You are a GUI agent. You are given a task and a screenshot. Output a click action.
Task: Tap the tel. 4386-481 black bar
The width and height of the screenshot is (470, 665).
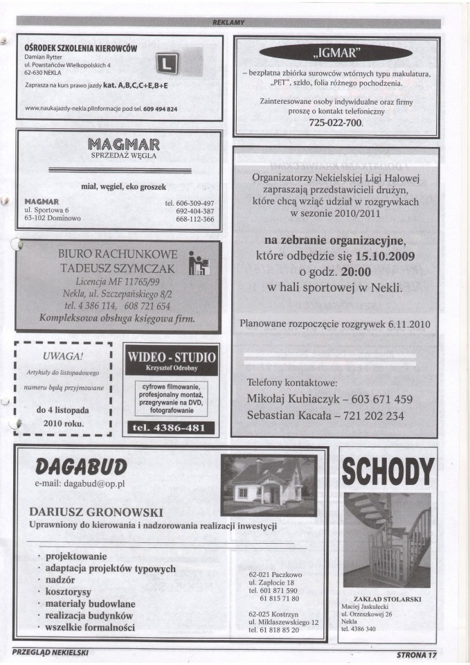[x=170, y=427]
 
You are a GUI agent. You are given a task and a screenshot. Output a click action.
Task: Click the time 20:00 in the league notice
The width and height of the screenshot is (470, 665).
[x=354, y=271]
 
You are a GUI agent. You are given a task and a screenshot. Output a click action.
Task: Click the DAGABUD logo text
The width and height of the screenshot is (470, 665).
[x=80, y=463]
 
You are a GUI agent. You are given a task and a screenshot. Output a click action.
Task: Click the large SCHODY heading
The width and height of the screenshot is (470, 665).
[x=388, y=473]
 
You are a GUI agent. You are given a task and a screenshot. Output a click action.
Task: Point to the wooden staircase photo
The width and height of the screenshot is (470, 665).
[x=388, y=540]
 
